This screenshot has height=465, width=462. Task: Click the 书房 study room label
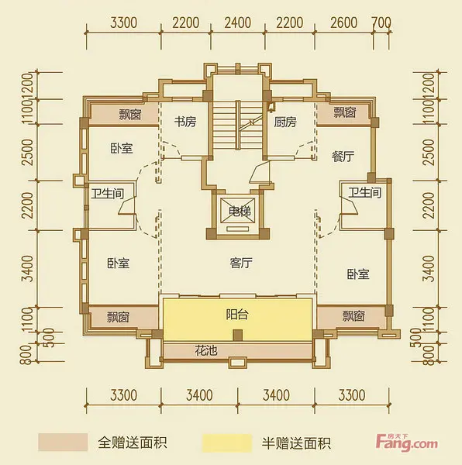pyautogui.click(x=185, y=122)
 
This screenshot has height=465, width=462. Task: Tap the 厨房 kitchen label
pyautogui.click(x=285, y=122)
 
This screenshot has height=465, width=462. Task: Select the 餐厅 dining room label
pyautogui.click(x=343, y=156)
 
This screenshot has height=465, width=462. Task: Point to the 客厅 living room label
pyautogui.click(x=241, y=263)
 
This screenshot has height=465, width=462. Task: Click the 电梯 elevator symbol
pyautogui.click(x=238, y=212)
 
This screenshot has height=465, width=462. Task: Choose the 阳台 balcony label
pyautogui.click(x=236, y=315)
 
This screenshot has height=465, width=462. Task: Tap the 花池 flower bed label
pyautogui.click(x=206, y=350)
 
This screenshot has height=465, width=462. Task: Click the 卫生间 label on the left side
pyautogui.click(x=107, y=194)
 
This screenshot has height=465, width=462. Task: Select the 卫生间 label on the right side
pyautogui.click(x=365, y=192)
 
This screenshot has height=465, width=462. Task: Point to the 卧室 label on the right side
pyautogui.click(x=358, y=274)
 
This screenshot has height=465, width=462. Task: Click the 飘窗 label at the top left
pyautogui.click(x=130, y=114)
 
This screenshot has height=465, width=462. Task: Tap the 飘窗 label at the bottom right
pyautogui.click(x=353, y=316)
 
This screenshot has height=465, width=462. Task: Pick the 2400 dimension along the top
pyautogui.click(x=238, y=22)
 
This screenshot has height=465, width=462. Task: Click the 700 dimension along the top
pyautogui.click(x=381, y=22)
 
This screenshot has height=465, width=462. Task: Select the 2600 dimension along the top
pyautogui.click(x=343, y=22)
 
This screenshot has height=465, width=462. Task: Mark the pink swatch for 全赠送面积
pyautogui.click(x=63, y=443)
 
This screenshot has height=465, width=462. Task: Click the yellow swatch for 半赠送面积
pyautogui.click(x=227, y=443)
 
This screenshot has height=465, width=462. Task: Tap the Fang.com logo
pyautogui.click(x=407, y=443)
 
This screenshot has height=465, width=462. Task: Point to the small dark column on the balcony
pyautogui.click(x=238, y=335)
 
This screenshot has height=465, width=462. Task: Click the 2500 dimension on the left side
pyautogui.click(x=29, y=152)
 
